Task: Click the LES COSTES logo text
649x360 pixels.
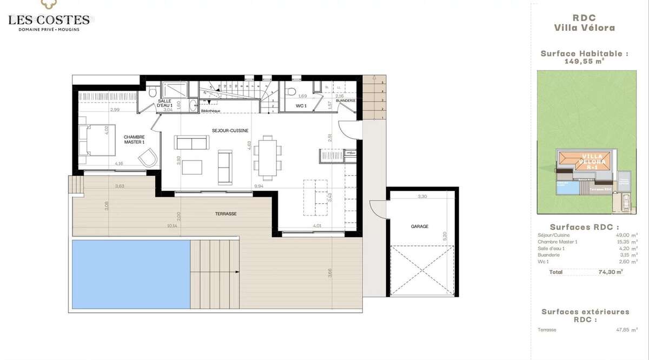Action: [x=49, y=20]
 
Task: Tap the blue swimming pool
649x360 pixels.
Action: [x=130, y=274]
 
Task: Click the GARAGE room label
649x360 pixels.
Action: [x=419, y=226]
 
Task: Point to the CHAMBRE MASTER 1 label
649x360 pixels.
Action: [x=134, y=139]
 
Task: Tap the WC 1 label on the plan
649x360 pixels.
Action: [x=301, y=106]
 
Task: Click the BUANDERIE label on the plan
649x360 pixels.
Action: [x=345, y=101]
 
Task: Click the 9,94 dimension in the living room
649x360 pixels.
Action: [x=260, y=185]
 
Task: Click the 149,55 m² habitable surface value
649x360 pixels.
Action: [x=584, y=62]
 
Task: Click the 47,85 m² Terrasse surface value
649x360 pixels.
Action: [x=612, y=330]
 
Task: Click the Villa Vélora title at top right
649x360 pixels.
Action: [x=585, y=28]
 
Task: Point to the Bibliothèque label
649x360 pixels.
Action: [x=211, y=110]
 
